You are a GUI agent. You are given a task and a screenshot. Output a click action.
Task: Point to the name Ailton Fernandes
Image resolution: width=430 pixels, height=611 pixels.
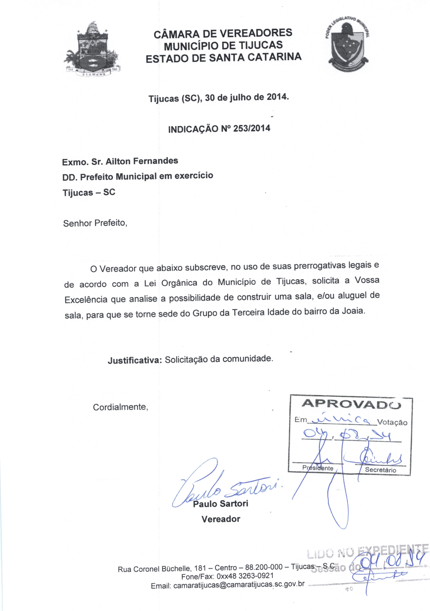coord(142,161)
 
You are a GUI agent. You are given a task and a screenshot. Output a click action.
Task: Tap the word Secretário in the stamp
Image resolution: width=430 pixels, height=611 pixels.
coord(380,470)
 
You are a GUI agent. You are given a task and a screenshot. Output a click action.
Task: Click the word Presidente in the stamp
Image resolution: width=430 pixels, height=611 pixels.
coord(318,468)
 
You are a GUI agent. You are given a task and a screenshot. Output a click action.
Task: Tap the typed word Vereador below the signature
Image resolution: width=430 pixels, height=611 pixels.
coord(221,519)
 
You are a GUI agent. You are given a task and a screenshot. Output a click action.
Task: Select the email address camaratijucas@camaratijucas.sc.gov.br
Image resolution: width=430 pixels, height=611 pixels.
coord(239,585)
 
